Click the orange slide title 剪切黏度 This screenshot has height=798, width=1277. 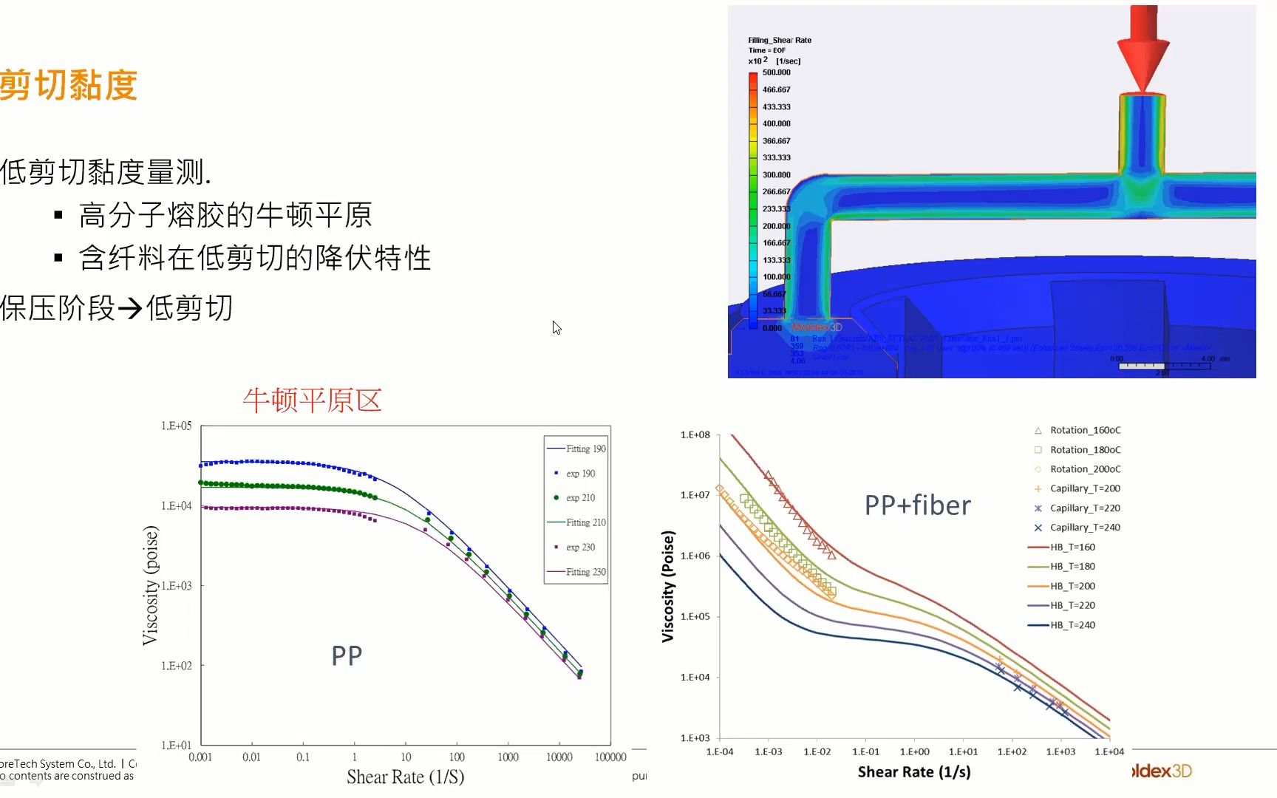pyautogui.click(x=69, y=85)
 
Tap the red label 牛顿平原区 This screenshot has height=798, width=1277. pyautogui.click(x=312, y=400)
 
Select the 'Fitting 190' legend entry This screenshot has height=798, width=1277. pyautogui.click(x=576, y=449)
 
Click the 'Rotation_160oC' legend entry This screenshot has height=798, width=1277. pyautogui.click(x=1085, y=430)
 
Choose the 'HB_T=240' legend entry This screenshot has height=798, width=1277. pyautogui.click(x=1072, y=625)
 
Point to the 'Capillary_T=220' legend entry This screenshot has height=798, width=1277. pyautogui.click(x=1085, y=508)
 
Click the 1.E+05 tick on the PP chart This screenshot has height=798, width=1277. pyautogui.click(x=176, y=426)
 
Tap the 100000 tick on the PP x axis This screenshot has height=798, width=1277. pyautogui.click(x=610, y=757)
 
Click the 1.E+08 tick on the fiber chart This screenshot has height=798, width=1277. pyautogui.click(x=695, y=435)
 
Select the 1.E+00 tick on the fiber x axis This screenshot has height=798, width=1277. pyautogui.click(x=914, y=752)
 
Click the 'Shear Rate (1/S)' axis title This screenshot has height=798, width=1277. pyautogui.click(x=405, y=777)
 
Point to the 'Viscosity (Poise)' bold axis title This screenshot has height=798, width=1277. pyautogui.click(x=668, y=586)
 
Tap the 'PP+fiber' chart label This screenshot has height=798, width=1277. pyautogui.click(x=917, y=505)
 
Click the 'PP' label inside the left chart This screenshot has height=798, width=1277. pyautogui.click(x=347, y=656)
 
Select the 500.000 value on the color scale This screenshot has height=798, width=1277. pyautogui.click(x=776, y=72)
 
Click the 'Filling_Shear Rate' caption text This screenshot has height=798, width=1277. pyautogui.click(x=779, y=41)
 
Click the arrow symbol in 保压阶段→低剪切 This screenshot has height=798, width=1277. pyautogui.click(x=130, y=308)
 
